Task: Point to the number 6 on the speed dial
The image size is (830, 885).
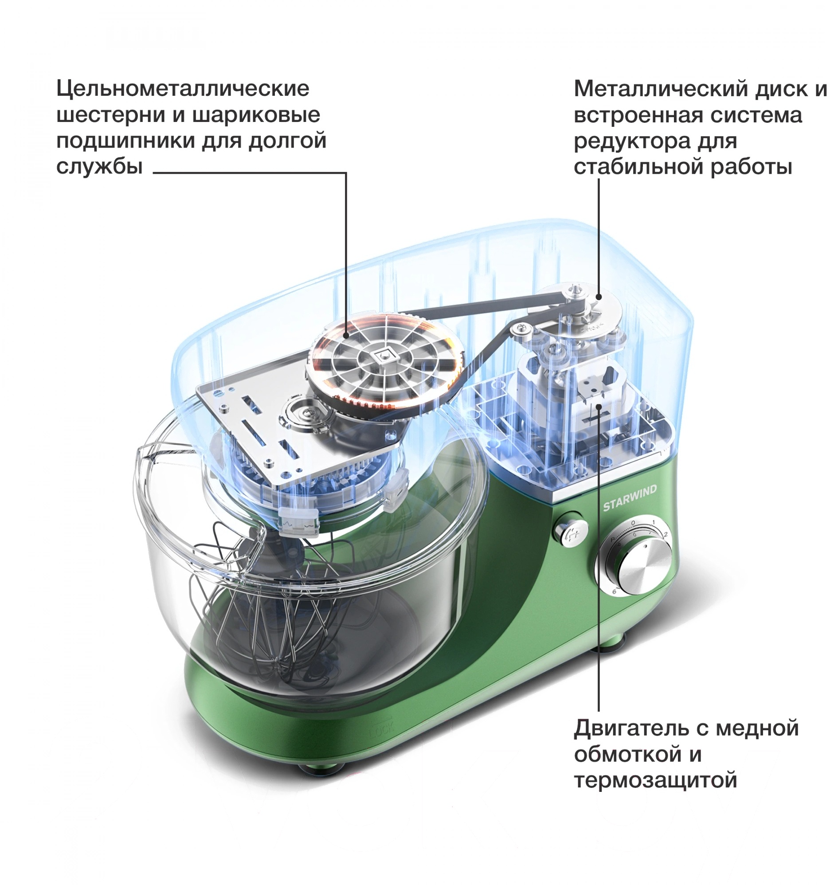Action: pyautogui.click(x=614, y=591)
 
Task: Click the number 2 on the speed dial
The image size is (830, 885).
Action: pyautogui.click(x=665, y=535)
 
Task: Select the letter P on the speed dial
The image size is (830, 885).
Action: pyautogui.click(x=613, y=539)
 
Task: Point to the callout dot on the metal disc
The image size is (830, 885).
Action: pyautogui.click(x=599, y=297)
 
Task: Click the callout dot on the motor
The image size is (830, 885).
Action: pyautogui.click(x=599, y=406)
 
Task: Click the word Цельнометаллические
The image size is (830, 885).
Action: pyautogui.click(x=183, y=89)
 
